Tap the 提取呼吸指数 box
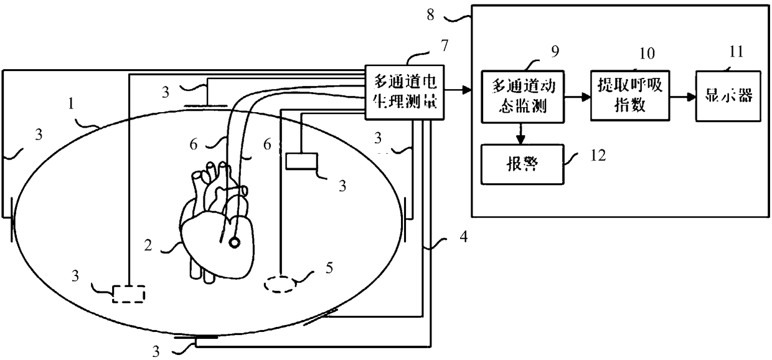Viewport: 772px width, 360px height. [x=628, y=97]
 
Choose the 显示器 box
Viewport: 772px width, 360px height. [x=728, y=96]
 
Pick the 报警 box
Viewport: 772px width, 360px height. [x=520, y=164]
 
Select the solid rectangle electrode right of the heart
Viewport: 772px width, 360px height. [x=302, y=161]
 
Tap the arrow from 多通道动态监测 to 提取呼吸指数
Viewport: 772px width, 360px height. [x=577, y=97]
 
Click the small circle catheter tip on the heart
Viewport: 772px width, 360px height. [x=234, y=243]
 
